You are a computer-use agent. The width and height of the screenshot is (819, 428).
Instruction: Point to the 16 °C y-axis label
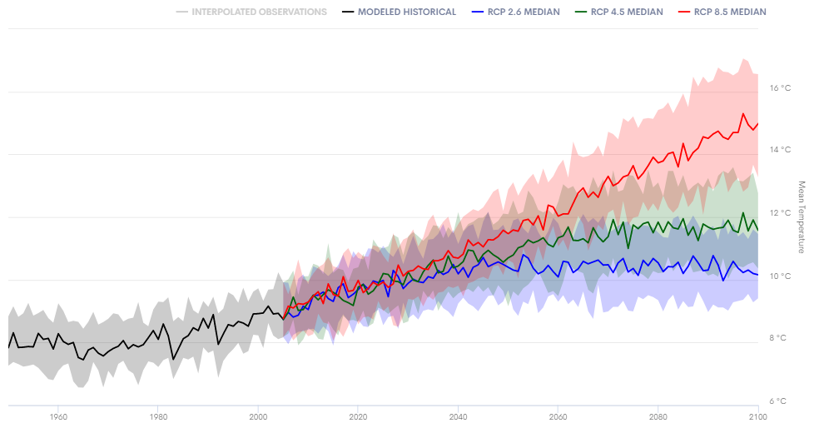click(780, 87)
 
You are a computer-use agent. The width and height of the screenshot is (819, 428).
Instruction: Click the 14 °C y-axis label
click(780, 150)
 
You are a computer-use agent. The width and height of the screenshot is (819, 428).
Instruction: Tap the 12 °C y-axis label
click(780, 213)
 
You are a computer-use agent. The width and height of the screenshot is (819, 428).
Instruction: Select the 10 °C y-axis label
click(780, 276)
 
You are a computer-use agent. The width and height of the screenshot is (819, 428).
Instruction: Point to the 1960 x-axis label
click(58, 416)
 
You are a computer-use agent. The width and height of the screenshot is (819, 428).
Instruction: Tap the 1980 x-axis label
click(158, 416)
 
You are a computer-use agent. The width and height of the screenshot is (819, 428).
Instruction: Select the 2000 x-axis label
click(258, 416)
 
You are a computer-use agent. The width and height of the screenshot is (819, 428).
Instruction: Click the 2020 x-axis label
click(358, 416)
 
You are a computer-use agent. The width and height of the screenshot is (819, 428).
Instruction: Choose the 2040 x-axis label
click(458, 416)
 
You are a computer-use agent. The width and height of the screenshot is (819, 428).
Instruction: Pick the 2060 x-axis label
click(558, 416)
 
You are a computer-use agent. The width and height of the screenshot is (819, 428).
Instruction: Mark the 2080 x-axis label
click(658, 416)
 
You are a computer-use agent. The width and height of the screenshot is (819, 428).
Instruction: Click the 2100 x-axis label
click(757, 416)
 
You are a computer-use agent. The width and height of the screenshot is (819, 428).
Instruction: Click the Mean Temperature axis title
click(802, 216)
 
